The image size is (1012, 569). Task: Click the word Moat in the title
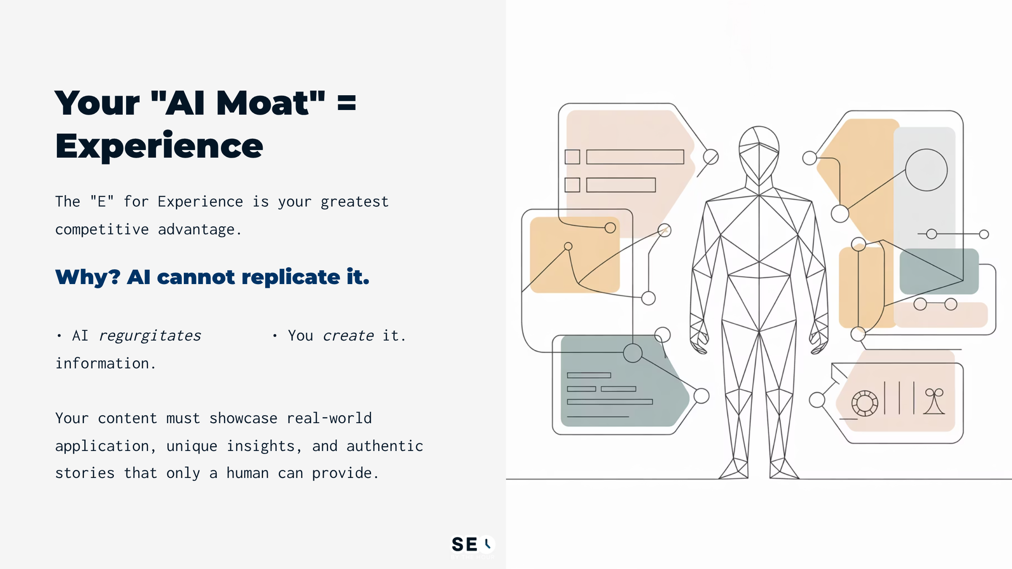coord(263,103)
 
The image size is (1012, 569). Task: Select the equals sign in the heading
coord(347,103)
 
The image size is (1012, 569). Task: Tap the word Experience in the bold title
coord(159,146)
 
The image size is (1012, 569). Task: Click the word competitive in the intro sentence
coord(102,230)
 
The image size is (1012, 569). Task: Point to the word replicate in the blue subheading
coord(291,277)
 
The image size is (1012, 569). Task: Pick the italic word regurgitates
coord(150,336)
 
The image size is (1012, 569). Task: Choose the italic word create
coord(348,336)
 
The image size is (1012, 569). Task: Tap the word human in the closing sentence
coord(248,473)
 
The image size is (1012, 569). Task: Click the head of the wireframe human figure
coord(759,152)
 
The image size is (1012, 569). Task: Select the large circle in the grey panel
coord(926,170)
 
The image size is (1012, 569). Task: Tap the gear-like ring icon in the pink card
coord(864,403)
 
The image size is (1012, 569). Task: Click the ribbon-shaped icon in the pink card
coord(934,401)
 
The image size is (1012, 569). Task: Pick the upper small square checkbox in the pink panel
coord(572,157)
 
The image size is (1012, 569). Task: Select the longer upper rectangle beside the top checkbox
coord(635,157)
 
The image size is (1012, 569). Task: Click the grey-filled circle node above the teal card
coord(632,353)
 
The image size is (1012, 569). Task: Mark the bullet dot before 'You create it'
coord(275,336)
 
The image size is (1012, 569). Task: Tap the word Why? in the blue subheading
coord(88,277)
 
